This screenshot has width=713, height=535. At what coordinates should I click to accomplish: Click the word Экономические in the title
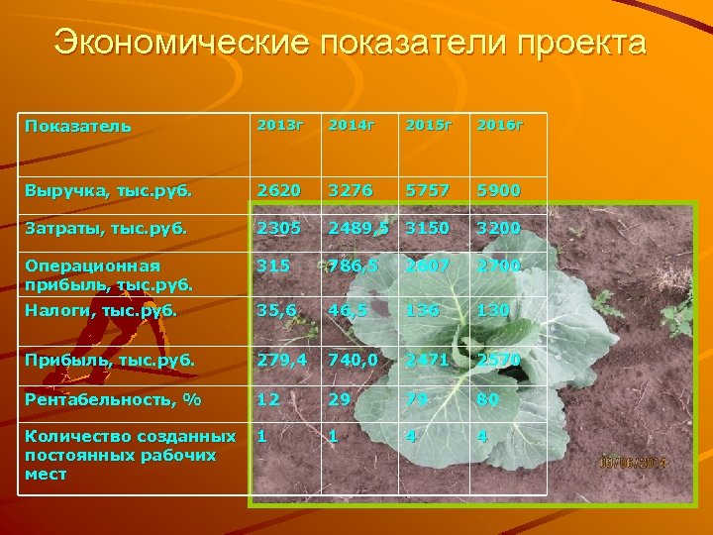pyautogui.click(x=164, y=43)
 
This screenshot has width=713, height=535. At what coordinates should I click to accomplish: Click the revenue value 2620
pyautogui.click(x=278, y=190)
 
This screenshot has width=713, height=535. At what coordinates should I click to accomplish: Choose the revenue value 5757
pyautogui.click(x=426, y=190)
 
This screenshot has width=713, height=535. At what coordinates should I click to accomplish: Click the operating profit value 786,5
pyautogui.click(x=352, y=266)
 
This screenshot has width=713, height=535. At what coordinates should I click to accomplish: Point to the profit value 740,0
pyautogui.click(x=354, y=359)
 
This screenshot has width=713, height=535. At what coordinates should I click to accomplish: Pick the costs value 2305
pyautogui.click(x=278, y=228)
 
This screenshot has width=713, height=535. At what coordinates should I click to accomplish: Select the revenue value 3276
pyautogui.click(x=353, y=190)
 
